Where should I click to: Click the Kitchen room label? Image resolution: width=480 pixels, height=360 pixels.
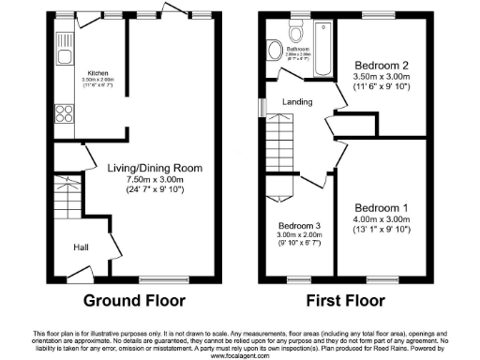pyautogui.click(x=97, y=73)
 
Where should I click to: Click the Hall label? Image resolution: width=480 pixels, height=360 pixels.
pyautogui.click(x=82, y=248)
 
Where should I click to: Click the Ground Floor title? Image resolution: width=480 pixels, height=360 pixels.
pyautogui.click(x=135, y=301)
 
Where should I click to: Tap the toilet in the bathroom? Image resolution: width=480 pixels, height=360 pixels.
pyautogui.click(x=274, y=50)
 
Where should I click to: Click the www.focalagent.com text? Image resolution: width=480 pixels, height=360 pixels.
pyautogui.click(x=240, y=355)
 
